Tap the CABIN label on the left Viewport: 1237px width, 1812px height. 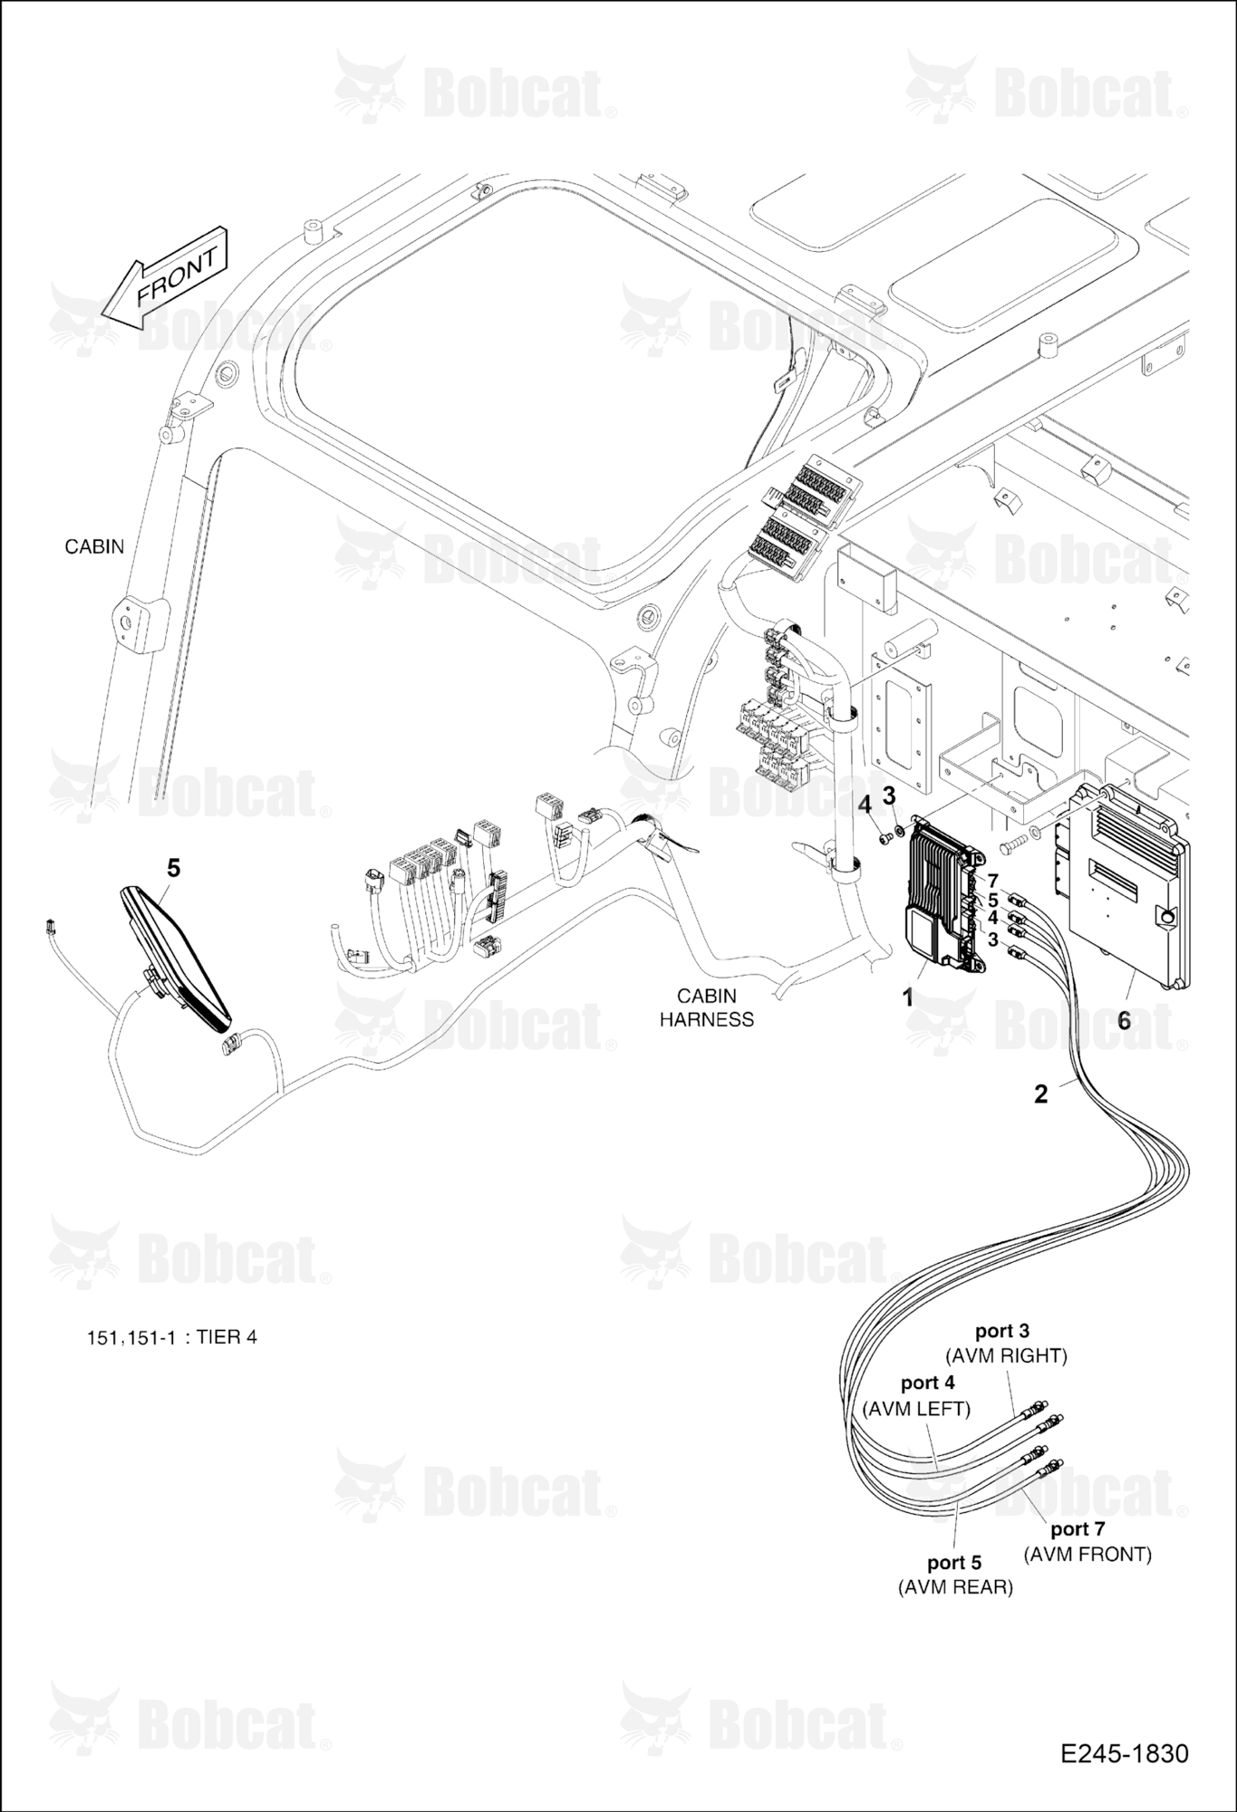coord(94,547)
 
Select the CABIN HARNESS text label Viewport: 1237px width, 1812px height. coord(707,1007)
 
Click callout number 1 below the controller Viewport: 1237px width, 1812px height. coord(907,998)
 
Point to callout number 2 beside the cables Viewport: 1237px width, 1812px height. coord(1041,1094)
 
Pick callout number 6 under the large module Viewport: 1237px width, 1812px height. coord(1125,1020)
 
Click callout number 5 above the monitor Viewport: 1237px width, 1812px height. coord(173,868)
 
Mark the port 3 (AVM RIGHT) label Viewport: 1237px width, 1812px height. coord(1006,1344)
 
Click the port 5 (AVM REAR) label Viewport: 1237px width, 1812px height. coord(955,1575)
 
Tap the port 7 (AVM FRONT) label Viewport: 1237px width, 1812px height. coord(1087,1541)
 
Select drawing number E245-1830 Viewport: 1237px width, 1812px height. coord(1125,1753)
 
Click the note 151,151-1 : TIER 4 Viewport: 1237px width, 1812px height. coord(171,1337)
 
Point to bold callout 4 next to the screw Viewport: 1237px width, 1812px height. coord(865,804)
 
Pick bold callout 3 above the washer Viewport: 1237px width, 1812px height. coord(889,795)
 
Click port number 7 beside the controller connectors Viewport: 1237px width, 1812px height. coord(993,882)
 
